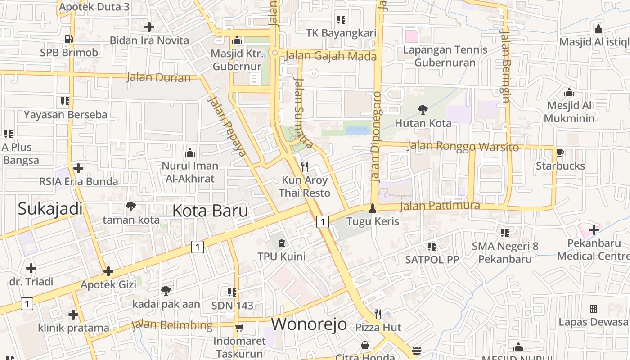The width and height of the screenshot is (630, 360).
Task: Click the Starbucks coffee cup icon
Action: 560,153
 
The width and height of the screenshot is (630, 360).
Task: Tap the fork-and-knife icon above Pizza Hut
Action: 378,314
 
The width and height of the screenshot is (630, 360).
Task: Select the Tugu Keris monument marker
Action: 372,208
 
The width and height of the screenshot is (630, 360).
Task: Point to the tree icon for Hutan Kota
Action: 423,109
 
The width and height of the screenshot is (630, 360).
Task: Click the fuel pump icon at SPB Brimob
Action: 68,39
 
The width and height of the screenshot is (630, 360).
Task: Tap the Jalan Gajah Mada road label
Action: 331,56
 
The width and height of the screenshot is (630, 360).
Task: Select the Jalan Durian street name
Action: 158,77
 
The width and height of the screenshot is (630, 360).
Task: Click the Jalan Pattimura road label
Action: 440,206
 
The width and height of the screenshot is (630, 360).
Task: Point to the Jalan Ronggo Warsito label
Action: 463,147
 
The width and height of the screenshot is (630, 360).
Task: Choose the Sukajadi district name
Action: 50,209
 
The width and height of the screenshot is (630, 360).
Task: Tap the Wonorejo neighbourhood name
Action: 309,324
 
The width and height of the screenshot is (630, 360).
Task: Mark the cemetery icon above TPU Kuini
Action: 281,243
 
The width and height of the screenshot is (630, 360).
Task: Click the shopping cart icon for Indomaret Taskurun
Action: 239,328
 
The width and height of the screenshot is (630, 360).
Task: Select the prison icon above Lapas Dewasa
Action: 593,309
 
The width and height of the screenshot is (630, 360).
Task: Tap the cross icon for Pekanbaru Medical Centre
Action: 594,230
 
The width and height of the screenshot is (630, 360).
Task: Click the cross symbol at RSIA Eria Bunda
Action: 78,168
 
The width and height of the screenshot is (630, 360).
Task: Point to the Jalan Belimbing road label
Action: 172,325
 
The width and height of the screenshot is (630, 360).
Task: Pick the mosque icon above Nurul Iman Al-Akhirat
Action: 190,153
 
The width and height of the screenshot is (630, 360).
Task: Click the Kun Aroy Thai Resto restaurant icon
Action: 305,167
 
